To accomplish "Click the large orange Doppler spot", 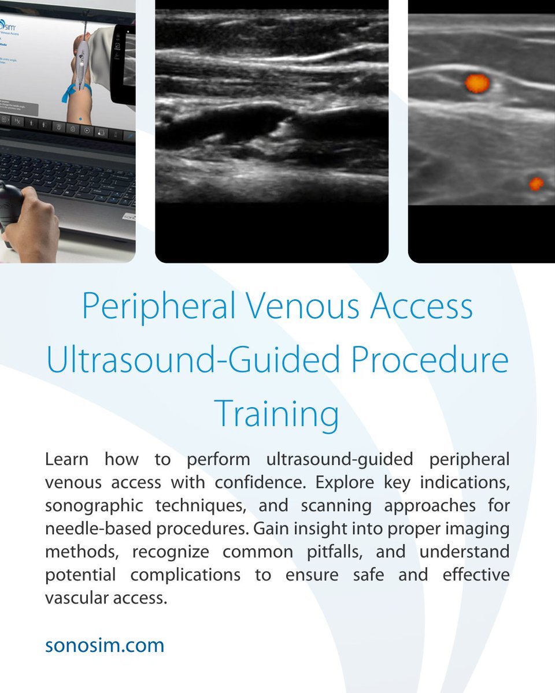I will click(478, 83).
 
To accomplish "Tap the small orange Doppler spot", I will click(536, 184).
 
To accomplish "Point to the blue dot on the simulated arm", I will click(80, 119).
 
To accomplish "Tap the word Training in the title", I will click(276, 413).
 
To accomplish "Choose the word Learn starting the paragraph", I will click(67, 460).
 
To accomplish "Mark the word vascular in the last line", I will click(74, 598).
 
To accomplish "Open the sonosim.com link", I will click(105, 645).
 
